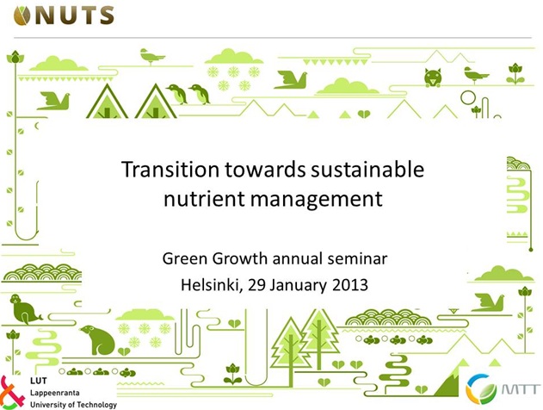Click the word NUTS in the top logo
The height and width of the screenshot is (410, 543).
pyautogui.click(x=75, y=16)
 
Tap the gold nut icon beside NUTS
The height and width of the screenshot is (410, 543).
pyautogui.click(x=22, y=16)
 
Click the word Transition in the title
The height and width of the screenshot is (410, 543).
pyautogui.click(x=170, y=170)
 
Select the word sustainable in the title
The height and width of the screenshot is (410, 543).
pyautogui.click(x=367, y=170)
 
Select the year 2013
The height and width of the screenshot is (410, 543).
pyautogui.click(x=349, y=285)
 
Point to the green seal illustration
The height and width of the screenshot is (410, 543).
pyautogui.click(x=24, y=309)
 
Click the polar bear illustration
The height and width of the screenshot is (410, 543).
pyautogui.click(x=97, y=339)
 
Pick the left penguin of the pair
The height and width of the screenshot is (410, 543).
pyautogui.click(x=177, y=94)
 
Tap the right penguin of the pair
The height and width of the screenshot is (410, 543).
pyautogui.click(x=200, y=94)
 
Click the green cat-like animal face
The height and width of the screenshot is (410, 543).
pyautogui.click(x=433, y=78)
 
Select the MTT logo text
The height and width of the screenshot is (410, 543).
pyautogui.click(x=521, y=388)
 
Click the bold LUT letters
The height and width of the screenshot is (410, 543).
pyautogui.click(x=38, y=381)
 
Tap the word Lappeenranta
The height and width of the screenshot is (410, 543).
pyautogui.click(x=55, y=393)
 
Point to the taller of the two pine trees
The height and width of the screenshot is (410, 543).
pyautogui.click(x=319, y=338)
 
